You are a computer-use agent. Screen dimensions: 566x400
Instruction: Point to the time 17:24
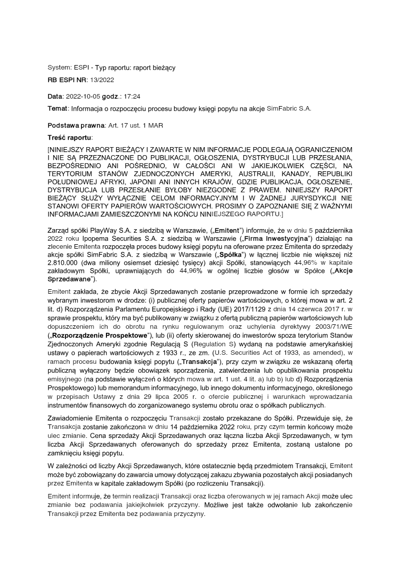pos(134,96)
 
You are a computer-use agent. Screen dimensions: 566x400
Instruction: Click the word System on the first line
pos(59,67)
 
